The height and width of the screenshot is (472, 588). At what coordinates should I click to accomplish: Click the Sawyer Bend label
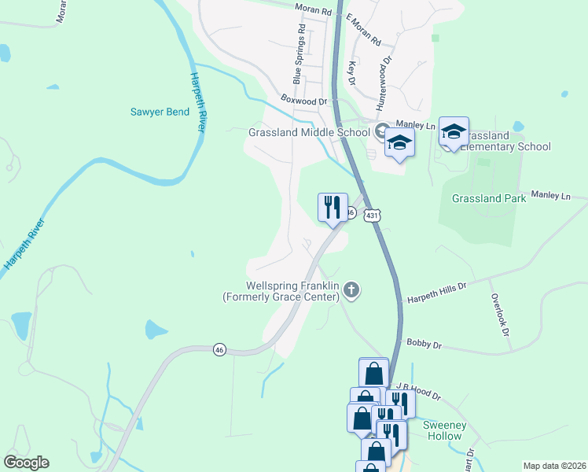[x=160, y=112]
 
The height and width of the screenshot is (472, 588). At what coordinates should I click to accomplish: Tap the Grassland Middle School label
[x=308, y=132]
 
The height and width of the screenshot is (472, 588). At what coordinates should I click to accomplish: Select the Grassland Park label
[x=489, y=199]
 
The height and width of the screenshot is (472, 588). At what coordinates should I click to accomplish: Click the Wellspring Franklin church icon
[x=352, y=292]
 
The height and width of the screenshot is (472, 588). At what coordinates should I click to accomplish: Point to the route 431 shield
[x=373, y=215]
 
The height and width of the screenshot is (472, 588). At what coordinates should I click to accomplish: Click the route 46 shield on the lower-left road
[x=219, y=349]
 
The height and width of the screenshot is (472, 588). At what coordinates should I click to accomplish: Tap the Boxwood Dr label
[x=303, y=101]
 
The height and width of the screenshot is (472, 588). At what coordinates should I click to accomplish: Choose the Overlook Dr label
[x=498, y=316]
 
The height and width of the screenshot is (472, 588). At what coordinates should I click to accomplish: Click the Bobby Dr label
[x=424, y=344]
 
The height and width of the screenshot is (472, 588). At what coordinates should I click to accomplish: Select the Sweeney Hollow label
[x=445, y=431]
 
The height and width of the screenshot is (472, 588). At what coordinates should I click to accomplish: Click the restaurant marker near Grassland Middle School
[x=333, y=208]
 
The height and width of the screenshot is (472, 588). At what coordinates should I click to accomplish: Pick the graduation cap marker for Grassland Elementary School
[x=454, y=131]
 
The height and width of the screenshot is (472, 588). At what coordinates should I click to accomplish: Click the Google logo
[x=26, y=463]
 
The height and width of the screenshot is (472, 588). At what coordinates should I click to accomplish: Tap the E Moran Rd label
[x=362, y=31]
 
